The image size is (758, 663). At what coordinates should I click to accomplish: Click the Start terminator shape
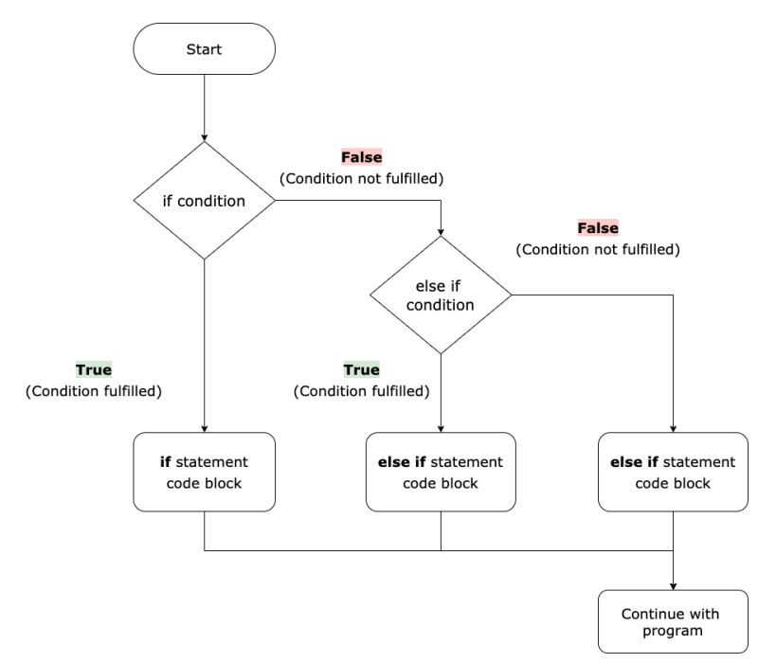pyautogui.click(x=204, y=48)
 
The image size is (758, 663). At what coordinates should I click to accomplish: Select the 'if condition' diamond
pyautogui.click(x=204, y=201)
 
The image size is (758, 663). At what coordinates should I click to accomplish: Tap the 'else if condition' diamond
pyautogui.click(x=441, y=296)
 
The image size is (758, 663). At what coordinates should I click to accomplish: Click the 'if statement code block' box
pyautogui.click(x=204, y=472)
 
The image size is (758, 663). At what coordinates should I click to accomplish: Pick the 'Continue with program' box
pyautogui.click(x=670, y=621)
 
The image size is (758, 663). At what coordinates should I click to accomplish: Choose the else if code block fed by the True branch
pyautogui.click(x=441, y=472)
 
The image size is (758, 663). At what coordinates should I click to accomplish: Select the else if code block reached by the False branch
pyautogui.click(x=673, y=472)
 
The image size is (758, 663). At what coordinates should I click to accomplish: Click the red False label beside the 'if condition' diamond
pyautogui.click(x=361, y=157)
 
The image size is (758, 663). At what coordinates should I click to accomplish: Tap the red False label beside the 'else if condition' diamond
pyautogui.click(x=598, y=228)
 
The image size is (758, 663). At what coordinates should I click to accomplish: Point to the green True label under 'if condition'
pyautogui.click(x=94, y=369)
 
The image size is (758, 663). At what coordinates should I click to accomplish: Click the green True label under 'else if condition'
pyautogui.click(x=361, y=369)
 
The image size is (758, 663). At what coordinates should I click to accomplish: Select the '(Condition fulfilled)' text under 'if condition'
pyautogui.click(x=94, y=391)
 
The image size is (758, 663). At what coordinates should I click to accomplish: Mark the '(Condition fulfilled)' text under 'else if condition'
pyautogui.click(x=361, y=391)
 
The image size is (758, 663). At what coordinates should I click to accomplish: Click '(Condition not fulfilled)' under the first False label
pyautogui.click(x=361, y=179)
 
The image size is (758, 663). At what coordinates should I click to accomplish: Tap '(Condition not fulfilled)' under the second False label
pyautogui.click(x=598, y=250)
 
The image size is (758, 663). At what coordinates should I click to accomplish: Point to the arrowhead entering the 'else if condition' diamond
pyautogui.click(x=441, y=230)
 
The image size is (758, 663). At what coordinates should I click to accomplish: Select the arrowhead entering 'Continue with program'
pyautogui.click(x=673, y=584)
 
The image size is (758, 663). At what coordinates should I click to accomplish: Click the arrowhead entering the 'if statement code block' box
pyautogui.click(x=204, y=427)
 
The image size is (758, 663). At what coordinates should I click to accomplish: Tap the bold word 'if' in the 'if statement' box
pyautogui.click(x=165, y=462)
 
